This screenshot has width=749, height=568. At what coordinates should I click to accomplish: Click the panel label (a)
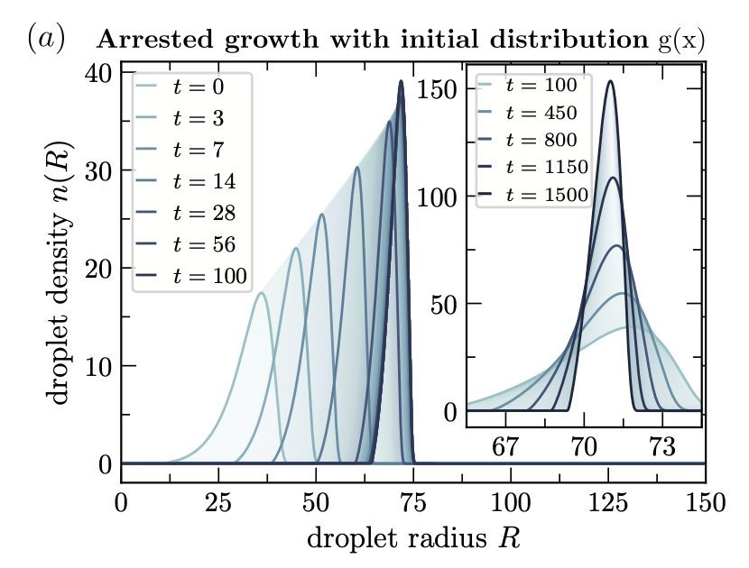point(45,39)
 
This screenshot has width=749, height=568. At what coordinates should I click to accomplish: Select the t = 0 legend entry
point(180,87)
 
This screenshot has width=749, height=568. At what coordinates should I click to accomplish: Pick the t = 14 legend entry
point(186,181)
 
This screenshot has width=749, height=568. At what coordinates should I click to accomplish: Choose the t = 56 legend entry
point(186,244)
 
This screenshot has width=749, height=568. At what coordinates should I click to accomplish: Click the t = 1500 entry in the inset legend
point(533,194)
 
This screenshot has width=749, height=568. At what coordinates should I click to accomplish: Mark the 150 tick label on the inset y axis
point(438,89)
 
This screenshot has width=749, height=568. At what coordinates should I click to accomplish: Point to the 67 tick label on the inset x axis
point(505,447)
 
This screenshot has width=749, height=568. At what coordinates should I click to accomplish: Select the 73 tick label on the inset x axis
point(662,447)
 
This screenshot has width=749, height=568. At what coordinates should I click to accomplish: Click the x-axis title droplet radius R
point(413,539)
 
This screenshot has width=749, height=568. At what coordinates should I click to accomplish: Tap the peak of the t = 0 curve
point(261,293)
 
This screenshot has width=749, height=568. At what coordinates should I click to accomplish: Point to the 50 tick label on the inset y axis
point(444,304)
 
